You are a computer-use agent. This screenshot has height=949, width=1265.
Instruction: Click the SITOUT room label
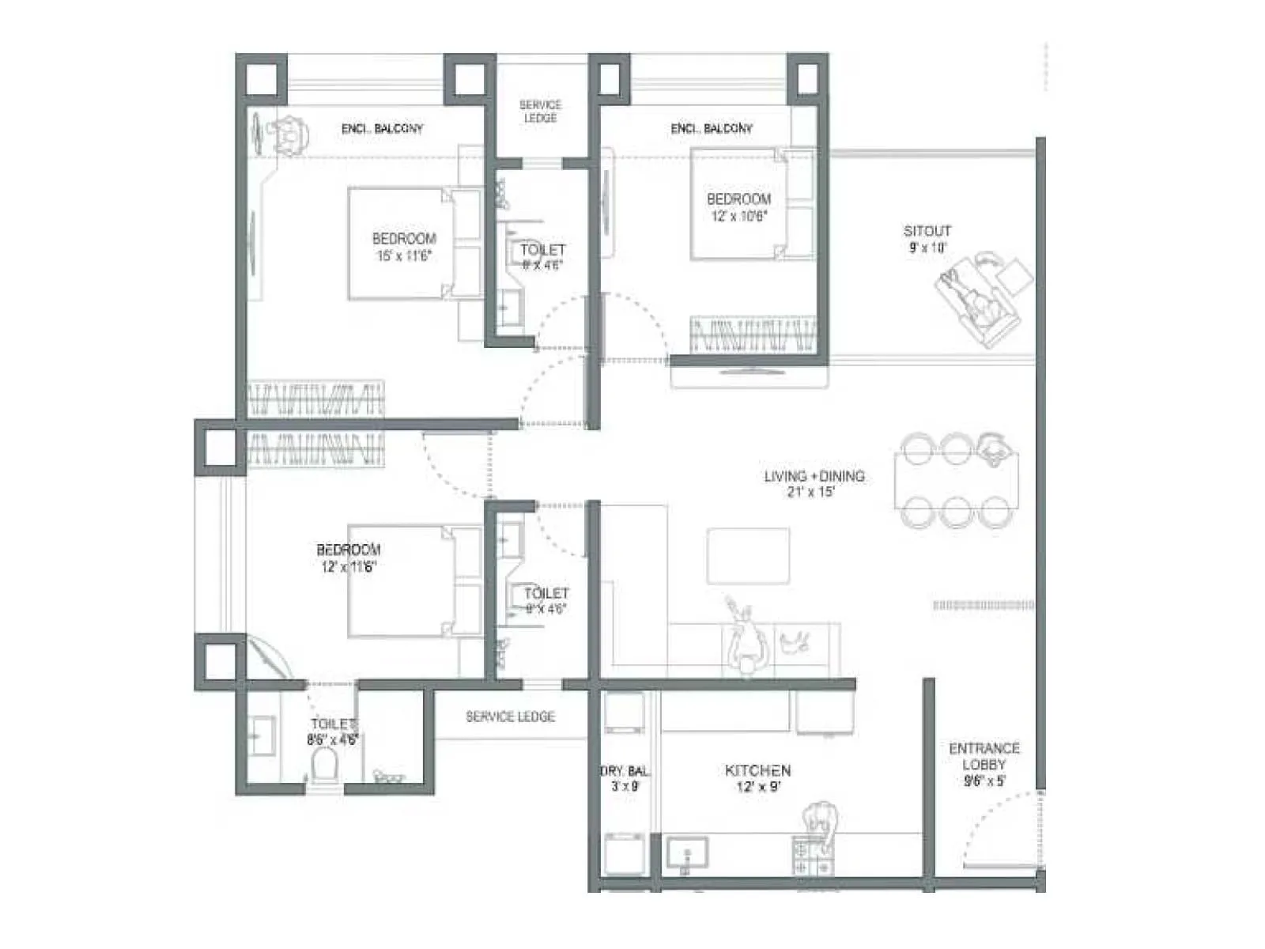(927, 231)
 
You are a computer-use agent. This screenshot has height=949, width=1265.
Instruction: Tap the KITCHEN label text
(757, 769)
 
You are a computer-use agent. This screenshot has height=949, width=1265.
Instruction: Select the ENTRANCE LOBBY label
(984, 756)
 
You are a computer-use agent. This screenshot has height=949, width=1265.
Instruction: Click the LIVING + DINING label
(814, 476)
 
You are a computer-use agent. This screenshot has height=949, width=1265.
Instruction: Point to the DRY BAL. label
(625, 770)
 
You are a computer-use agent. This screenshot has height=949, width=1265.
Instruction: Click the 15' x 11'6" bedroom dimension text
(403, 255)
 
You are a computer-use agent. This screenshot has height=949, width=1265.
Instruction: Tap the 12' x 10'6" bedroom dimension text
(738, 216)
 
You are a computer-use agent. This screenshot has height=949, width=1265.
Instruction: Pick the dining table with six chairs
(957, 480)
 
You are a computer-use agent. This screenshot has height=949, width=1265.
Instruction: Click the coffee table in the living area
(748, 555)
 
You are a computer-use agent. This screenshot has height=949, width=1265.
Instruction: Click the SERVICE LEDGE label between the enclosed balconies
(540, 111)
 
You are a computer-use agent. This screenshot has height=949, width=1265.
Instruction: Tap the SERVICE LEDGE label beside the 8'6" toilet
(510, 716)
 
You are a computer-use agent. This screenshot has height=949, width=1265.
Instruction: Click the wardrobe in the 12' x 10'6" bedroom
(753, 335)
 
